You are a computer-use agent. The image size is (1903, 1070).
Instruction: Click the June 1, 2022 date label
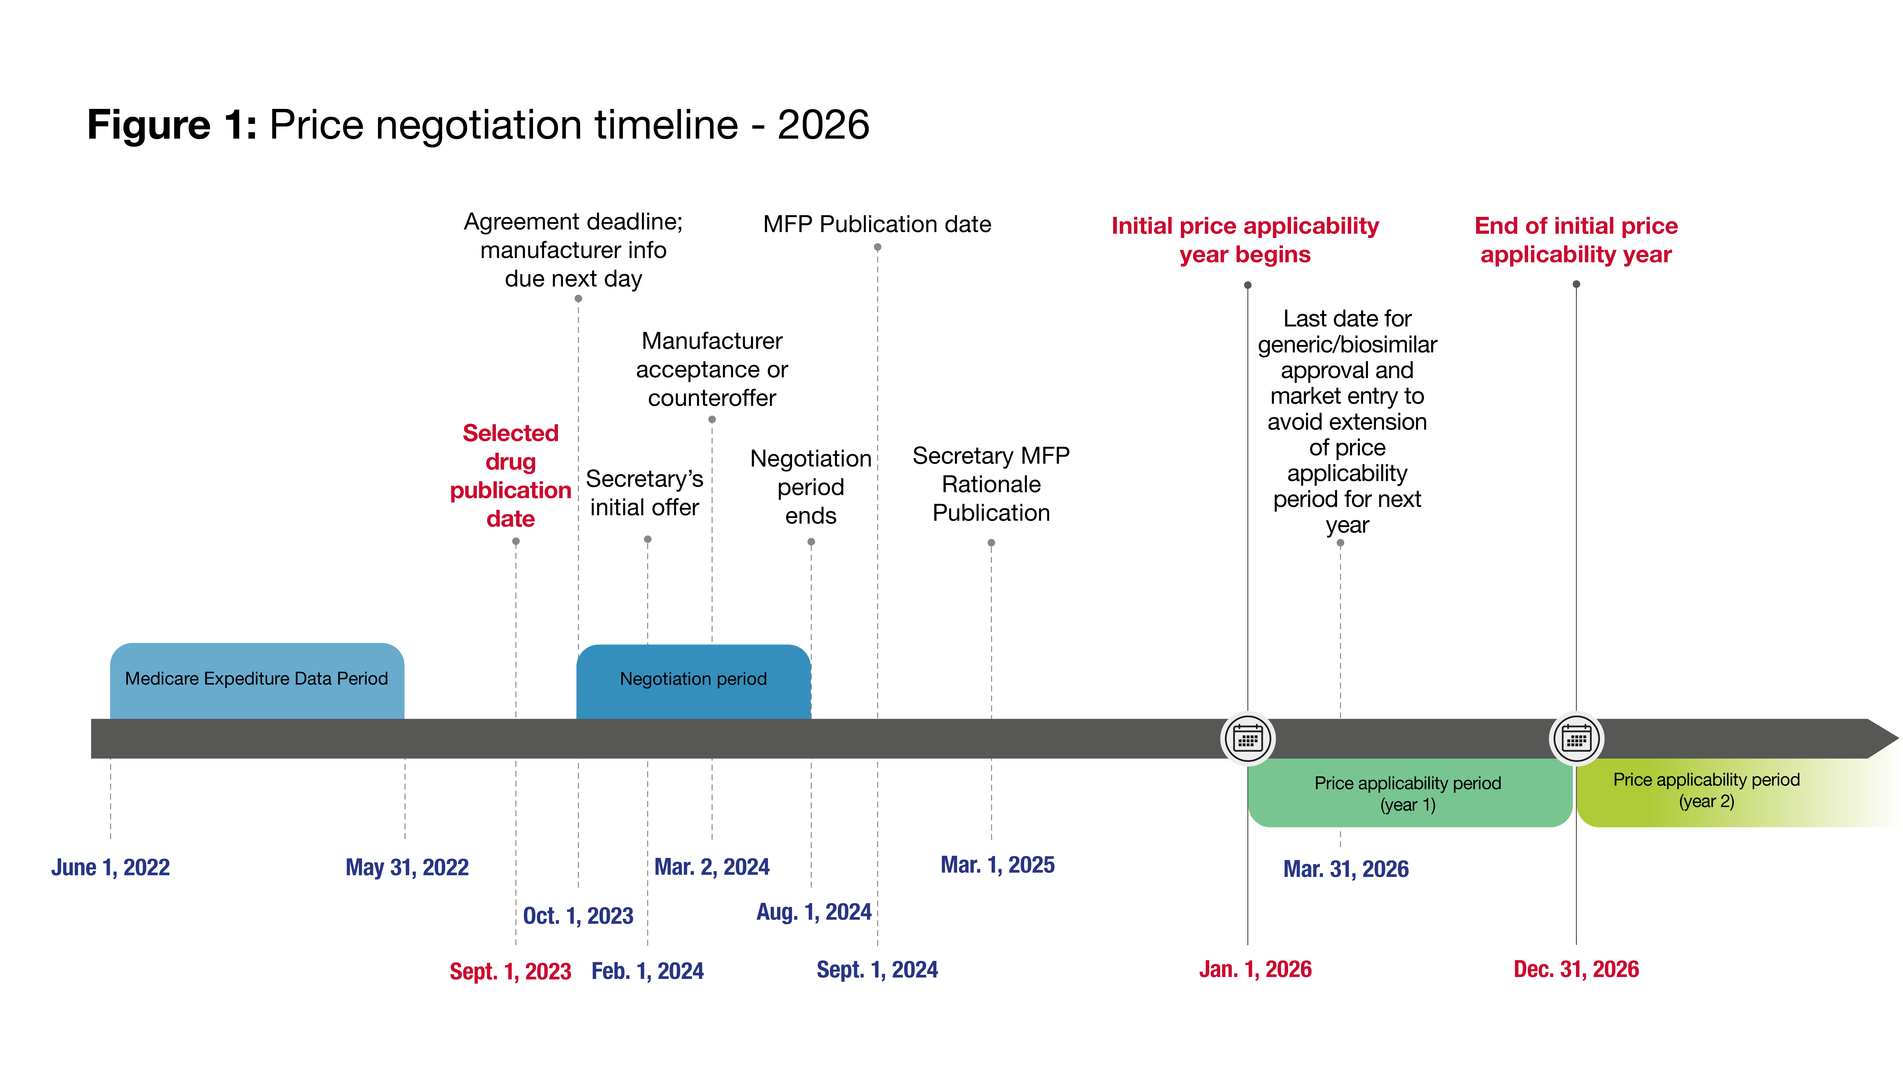pyautogui.click(x=111, y=867)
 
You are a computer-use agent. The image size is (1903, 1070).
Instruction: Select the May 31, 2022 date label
pyautogui.click(x=407, y=867)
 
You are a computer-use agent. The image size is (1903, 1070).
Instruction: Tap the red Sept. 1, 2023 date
pyautogui.click(x=510, y=971)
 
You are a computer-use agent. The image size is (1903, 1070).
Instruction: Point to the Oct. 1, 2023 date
pyautogui.click(x=578, y=916)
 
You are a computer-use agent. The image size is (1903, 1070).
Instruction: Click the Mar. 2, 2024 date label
pyautogui.click(x=712, y=866)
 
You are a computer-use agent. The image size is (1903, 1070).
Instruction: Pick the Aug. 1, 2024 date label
pyautogui.click(x=814, y=912)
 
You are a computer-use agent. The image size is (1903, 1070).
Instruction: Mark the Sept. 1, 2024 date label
pyautogui.click(x=878, y=970)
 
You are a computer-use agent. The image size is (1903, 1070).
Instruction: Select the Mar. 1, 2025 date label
pyautogui.click(x=998, y=865)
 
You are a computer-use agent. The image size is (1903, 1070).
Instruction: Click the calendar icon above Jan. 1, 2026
pyautogui.click(x=1248, y=739)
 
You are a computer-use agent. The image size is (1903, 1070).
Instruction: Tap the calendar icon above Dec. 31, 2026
pyautogui.click(x=1576, y=739)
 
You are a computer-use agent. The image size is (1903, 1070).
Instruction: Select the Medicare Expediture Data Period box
pyautogui.click(x=257, y=681)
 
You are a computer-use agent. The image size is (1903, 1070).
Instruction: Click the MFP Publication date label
pyautogui.click(x=878, y=224)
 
